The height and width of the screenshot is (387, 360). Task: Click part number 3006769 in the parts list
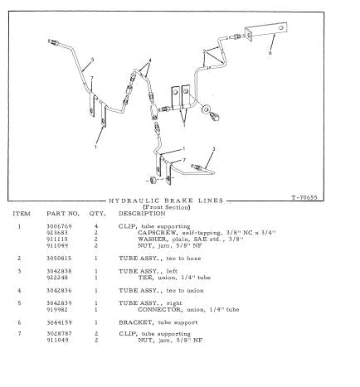[59, 226]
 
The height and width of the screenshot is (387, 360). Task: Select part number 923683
[57, 233]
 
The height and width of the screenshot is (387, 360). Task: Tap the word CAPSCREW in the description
[157, 233]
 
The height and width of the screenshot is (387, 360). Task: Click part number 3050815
[59, 259]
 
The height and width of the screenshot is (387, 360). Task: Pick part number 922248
[57, 278]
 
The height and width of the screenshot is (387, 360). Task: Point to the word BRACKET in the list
[135, 322]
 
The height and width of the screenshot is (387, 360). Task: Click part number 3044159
[59, 322]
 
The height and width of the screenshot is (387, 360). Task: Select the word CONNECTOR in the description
[160, 310]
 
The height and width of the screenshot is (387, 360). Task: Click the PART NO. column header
[63, 214]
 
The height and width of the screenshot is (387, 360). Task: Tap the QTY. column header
[97, 214]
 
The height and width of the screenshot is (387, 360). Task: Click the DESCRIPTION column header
[142, 214]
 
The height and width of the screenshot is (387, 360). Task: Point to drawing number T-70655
[304, 197]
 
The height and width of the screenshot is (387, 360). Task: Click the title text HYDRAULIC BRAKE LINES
[166, 201]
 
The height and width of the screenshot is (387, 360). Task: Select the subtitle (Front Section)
[167, 207]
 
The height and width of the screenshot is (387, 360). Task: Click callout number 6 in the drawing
[270, 53]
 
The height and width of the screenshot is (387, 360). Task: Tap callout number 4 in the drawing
[150, 60]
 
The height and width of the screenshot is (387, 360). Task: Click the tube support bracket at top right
[266, 31]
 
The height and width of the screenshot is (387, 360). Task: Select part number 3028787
[59, 334]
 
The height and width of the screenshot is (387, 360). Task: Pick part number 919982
[57, 310]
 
